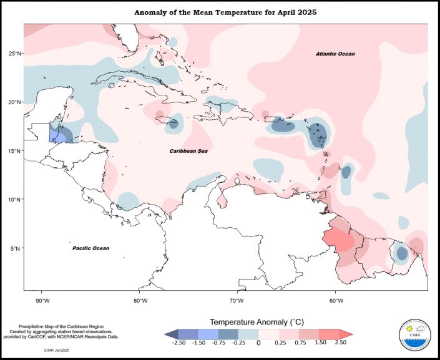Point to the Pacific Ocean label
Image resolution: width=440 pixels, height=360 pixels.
point(90,248)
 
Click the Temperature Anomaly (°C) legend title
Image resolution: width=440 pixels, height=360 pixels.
point(258,322)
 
